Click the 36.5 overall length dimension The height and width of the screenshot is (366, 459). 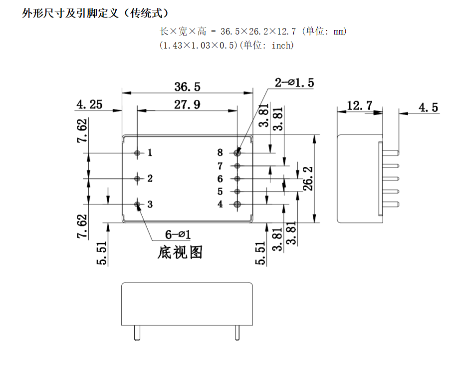click(x=187, y=86)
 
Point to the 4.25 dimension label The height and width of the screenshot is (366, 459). click(x=89, y=104)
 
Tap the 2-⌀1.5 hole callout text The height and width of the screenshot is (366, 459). click(x=294, y=83)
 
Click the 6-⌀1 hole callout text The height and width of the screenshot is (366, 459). click(x=178, y=233)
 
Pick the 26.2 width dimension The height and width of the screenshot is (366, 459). click(x=308, y=178)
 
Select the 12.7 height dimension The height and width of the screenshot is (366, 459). click(x=359, y=106)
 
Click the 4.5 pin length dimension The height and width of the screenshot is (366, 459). click(x=428, y=107)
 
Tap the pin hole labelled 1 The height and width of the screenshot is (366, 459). click(x=138, y=152)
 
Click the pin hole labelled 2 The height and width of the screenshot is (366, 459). click(x=138, y=178)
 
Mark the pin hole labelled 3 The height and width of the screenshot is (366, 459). click(x=138, y=204)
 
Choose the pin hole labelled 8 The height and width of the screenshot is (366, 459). click(x=237, y=152)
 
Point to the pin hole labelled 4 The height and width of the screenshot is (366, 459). click(x=237, y=204)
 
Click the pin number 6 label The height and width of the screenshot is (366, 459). click(x=220, y=178)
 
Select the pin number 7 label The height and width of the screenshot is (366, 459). click(x=220, y=165)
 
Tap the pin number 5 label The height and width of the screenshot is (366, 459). click(x=220, y=191)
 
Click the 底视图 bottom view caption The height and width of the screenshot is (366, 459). click(x=180, y=252)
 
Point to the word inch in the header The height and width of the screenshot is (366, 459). click(x=282, y=45)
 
